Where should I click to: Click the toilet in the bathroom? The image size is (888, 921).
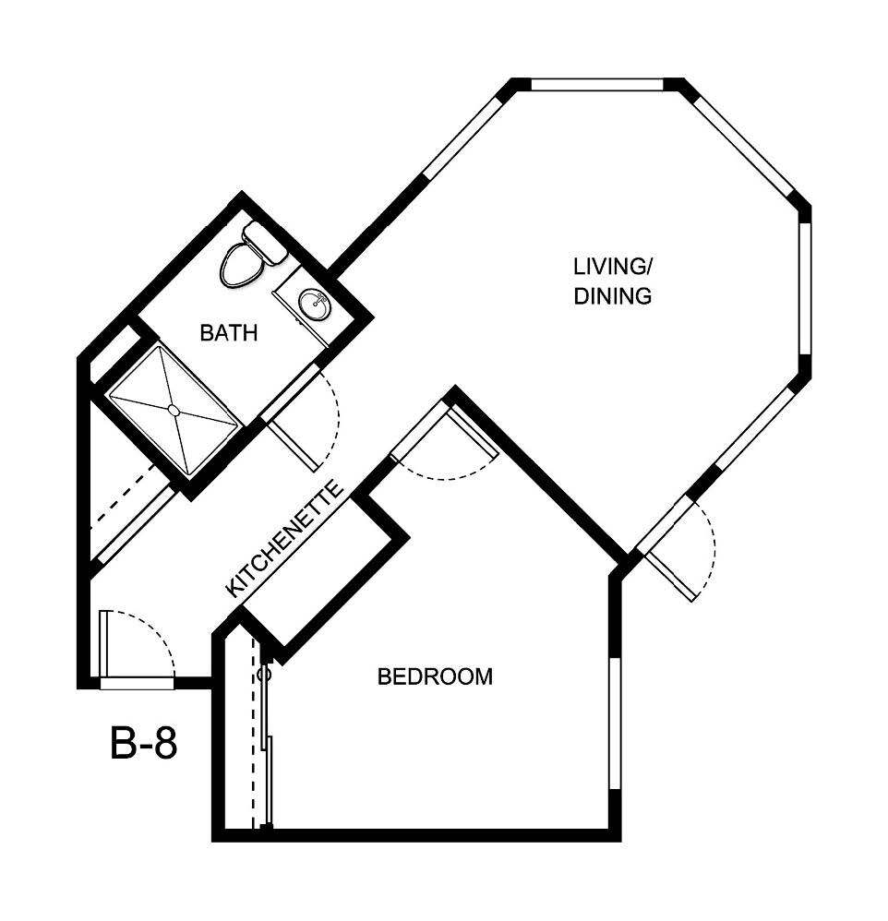tap(242, 262)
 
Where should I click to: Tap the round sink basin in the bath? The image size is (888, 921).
tap(312, 305)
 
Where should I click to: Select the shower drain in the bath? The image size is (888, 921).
tap(173, 409)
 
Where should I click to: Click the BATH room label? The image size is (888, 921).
tap(228, 333)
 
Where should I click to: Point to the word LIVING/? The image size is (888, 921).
tap(613, 268)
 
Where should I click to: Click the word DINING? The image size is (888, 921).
tap(613, 297)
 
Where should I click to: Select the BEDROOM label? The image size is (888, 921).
tap(435, 676)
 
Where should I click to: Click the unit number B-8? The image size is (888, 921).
tap(143, 744)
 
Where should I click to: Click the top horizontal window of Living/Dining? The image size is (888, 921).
tap(597, 86)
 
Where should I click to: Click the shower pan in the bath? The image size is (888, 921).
tap(173, 409)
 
